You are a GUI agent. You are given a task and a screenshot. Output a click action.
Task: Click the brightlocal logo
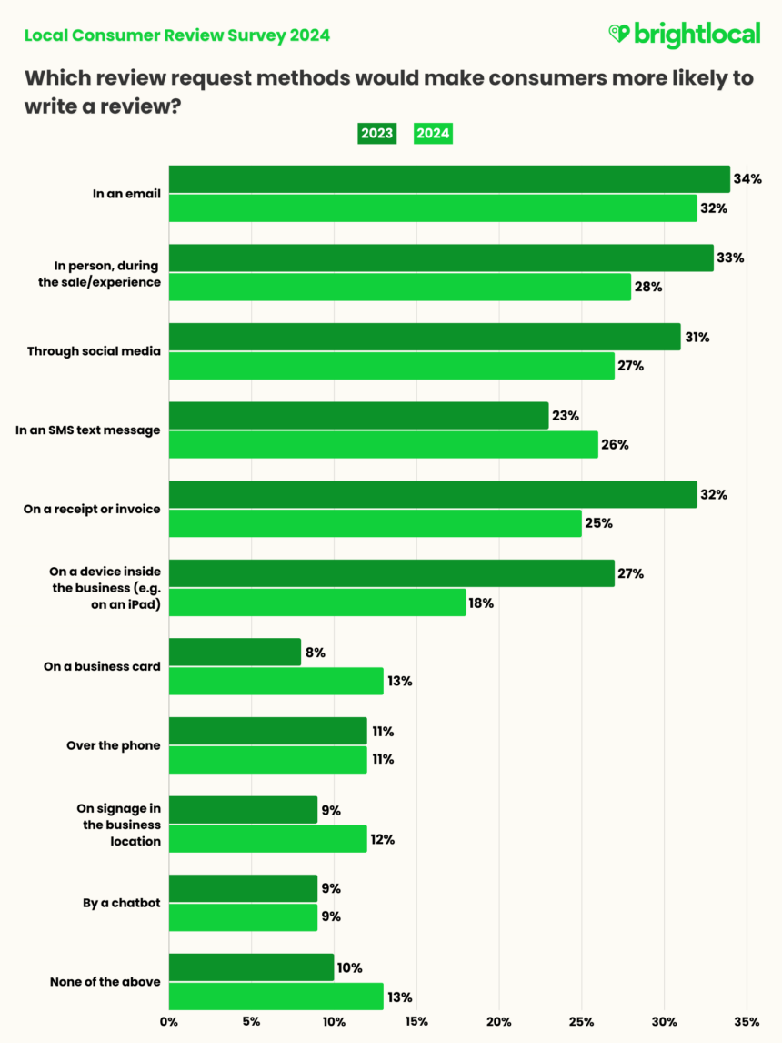684,35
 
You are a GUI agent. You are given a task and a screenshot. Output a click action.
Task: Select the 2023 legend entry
376,133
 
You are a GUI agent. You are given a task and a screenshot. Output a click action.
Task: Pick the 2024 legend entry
433,133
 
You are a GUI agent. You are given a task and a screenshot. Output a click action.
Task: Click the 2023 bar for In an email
449,179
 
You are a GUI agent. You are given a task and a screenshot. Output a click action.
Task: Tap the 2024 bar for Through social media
392,366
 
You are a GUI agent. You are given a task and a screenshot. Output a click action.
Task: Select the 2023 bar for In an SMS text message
358,416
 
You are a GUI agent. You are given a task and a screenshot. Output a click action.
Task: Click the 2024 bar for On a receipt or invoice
375,523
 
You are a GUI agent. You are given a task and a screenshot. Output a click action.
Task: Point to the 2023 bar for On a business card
235,653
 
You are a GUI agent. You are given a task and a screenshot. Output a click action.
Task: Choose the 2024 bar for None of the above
276,996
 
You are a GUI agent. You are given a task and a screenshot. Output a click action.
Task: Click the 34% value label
747,179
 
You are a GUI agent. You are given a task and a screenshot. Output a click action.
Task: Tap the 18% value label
482,603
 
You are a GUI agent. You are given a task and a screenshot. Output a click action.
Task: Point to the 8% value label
316,653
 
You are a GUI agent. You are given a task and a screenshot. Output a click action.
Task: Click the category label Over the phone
114,745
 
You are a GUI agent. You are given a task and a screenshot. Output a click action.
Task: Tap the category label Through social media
94,351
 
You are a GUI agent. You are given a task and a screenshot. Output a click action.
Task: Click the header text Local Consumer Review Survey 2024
176,35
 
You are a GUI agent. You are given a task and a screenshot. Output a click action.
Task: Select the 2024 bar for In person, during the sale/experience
399,287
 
